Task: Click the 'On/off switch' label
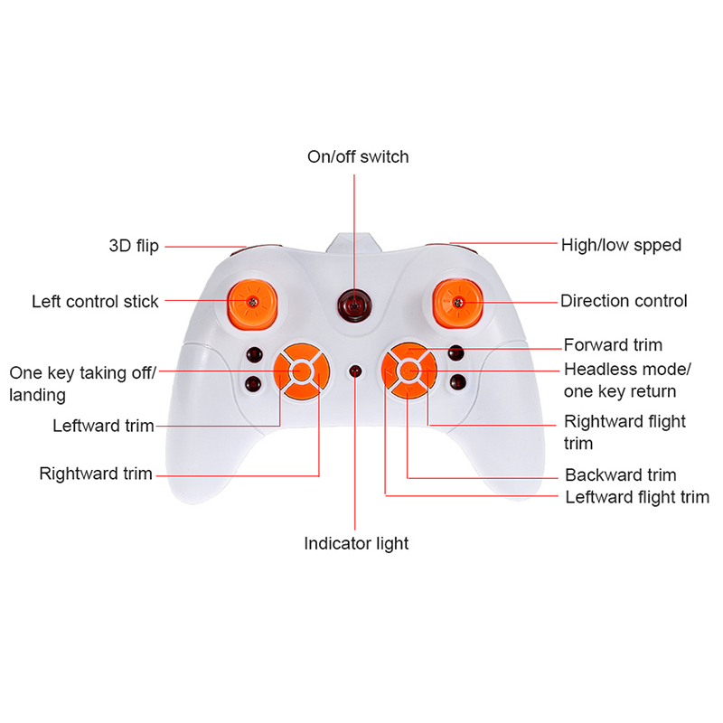tap(358, 157)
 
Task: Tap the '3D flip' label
tap(134, 246)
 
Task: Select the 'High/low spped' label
tap(621, 245)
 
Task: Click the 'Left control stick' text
tap(95, 302)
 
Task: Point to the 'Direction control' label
tap(624, 301)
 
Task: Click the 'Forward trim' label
tap(613, 345)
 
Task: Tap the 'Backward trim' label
tap(620, 475)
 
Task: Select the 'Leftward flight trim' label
tap(636, 497)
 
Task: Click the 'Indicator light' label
tap(356, 544)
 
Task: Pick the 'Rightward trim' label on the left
tap(96, 474)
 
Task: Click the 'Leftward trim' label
tap(103, 426)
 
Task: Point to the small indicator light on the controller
tap(354, 371)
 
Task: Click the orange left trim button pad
tap(300, 370)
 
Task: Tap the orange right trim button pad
tap(408, 370)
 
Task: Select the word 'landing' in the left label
tap(37, 396)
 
